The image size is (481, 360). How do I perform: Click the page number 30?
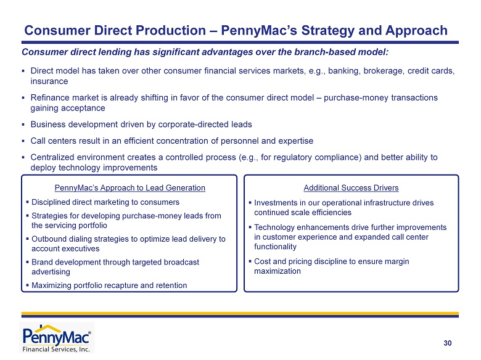(448, 343)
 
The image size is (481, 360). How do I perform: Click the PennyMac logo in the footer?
(57, 338)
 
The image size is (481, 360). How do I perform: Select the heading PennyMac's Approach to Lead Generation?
(129, 187)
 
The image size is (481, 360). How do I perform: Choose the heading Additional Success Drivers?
(351, 187)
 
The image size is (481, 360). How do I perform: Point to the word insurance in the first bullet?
(49, 81)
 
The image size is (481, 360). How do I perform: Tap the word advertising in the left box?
(51, 272)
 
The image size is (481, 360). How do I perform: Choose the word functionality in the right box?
(275, 247)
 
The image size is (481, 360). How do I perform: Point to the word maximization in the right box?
(277, 271)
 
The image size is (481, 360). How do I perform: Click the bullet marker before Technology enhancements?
(250, 227)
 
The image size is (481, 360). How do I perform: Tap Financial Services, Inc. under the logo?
(56, 349)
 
